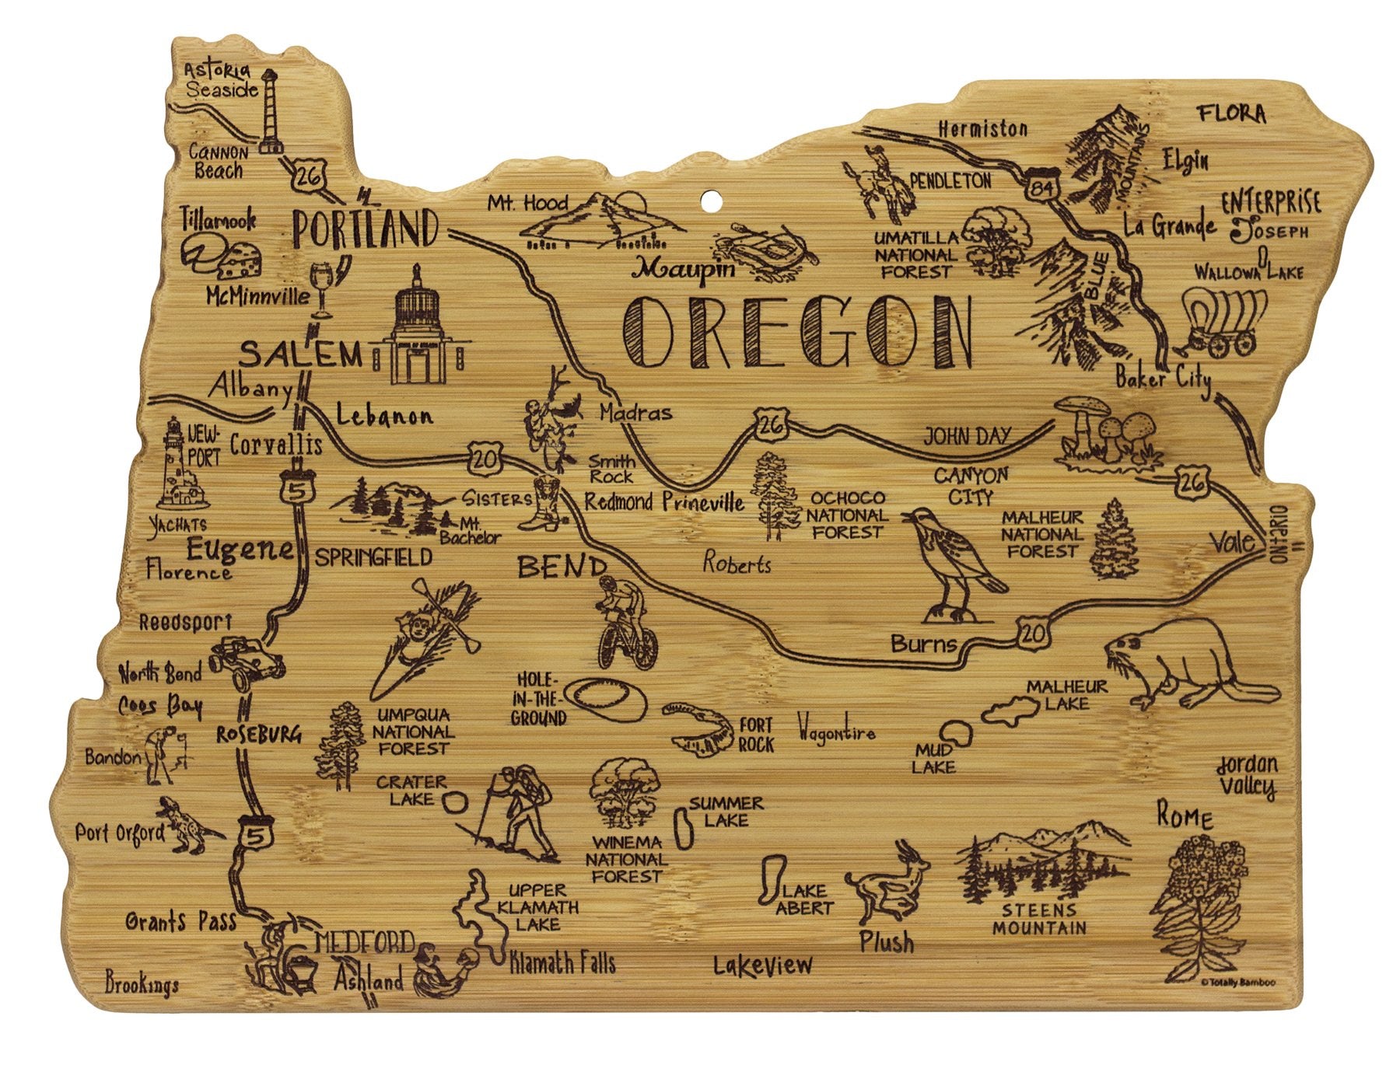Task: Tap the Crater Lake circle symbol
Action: click(x=456, y=801)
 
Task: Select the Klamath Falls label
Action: click(x=562, y=964)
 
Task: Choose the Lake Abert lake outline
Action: click(x=771, y=881)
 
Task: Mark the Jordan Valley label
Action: click(x=1247, y=775)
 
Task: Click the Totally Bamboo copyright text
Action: click(x=1237, y=982)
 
